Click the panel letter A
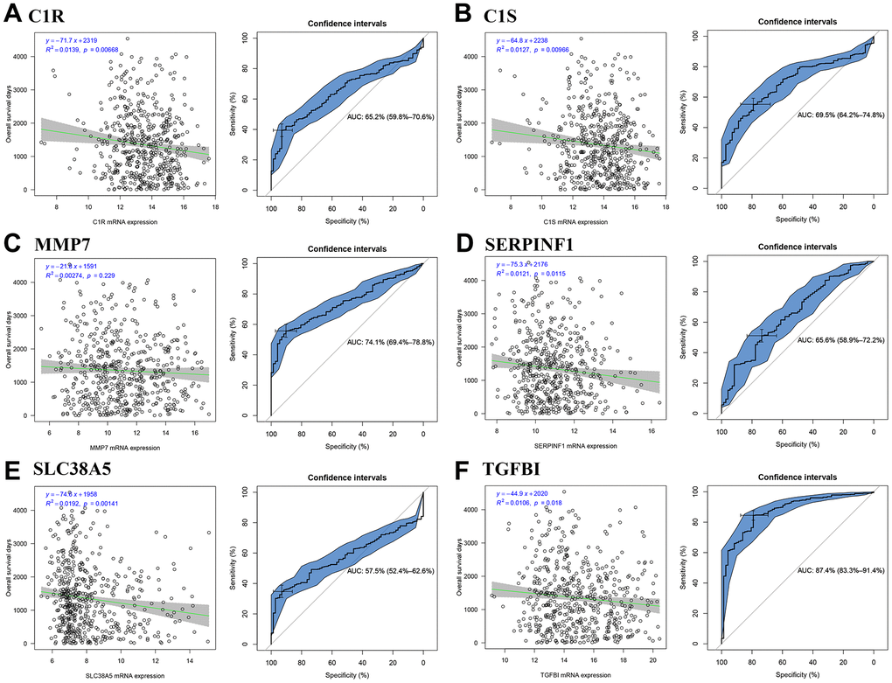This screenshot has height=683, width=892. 11,14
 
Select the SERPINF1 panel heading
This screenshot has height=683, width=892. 530,245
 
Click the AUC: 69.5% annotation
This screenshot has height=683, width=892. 832,114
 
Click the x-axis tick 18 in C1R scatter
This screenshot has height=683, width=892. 213,206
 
